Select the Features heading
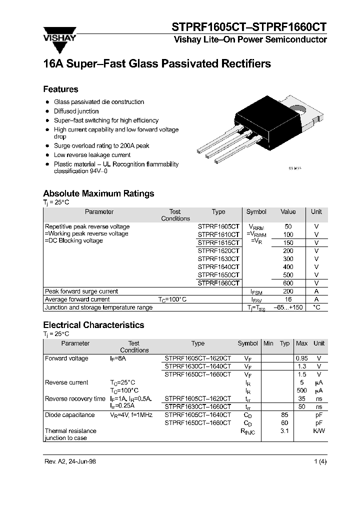(60, 89)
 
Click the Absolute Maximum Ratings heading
(98, 193)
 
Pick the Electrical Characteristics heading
(93, 325)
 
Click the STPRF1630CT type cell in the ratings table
(218, 259)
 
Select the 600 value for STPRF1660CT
(288, 283)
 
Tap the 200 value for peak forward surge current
(288, 291)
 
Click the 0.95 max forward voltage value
(301, 358)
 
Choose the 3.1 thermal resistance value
(285, 430)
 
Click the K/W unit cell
(318, 430)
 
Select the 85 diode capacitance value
(285, 414)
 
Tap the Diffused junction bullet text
(76, 111)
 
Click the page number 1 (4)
(320, 462)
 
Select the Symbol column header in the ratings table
(256, 212)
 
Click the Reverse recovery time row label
(75, 398)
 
